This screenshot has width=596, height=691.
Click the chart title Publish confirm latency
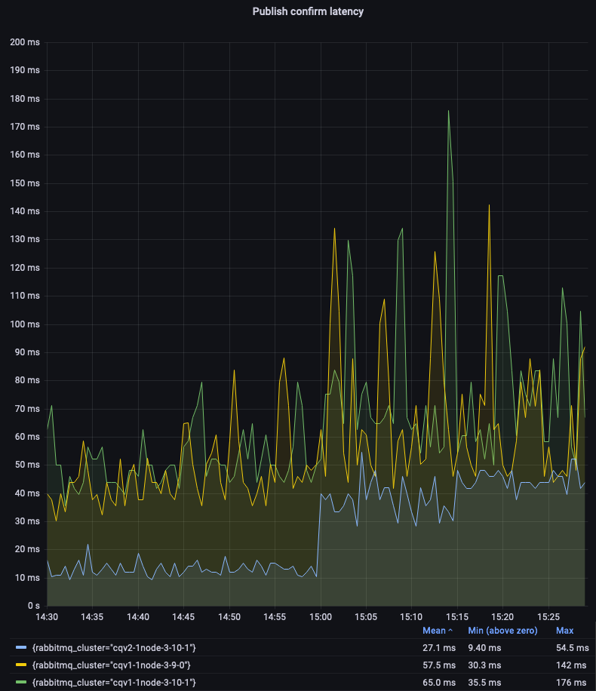(308, 11)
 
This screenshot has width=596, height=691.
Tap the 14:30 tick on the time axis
(47, 616)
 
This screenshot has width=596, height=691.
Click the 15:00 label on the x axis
(321, 616)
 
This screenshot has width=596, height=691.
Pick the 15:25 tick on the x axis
(548, 616)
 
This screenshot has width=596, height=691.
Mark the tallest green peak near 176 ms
(448, 112)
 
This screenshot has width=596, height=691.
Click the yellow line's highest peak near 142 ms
(489, 205)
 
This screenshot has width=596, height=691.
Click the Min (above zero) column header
(502, 630)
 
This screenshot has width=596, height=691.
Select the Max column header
(564, 630)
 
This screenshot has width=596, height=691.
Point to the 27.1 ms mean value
(438, 647)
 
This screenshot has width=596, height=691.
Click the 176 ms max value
(570, 682)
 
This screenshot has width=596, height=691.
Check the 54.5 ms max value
(570, 647)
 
